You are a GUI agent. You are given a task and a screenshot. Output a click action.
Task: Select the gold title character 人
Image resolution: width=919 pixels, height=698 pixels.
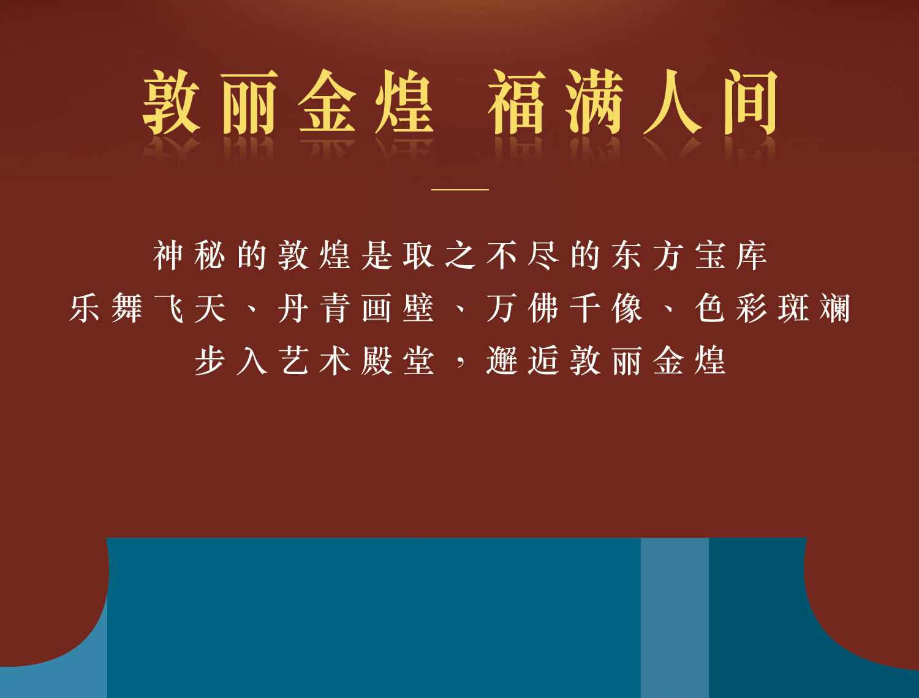671,102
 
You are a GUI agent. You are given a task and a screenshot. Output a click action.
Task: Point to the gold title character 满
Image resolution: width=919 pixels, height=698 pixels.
594,102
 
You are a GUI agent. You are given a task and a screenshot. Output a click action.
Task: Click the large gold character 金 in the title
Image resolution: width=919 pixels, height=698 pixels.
327,102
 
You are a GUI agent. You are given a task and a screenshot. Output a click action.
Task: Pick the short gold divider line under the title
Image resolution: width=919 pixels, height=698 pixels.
459,190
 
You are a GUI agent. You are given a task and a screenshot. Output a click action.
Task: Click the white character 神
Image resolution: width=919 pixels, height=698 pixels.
168,255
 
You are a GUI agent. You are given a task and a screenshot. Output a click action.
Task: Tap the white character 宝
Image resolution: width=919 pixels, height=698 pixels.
710,255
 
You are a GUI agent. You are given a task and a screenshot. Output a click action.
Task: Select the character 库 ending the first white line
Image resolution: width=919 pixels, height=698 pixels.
752,255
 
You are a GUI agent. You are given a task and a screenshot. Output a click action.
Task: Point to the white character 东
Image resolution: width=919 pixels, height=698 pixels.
627,255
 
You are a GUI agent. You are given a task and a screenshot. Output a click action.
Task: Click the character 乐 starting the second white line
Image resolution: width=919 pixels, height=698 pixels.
85,308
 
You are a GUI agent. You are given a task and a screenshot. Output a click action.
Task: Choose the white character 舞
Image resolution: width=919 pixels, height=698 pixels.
127,308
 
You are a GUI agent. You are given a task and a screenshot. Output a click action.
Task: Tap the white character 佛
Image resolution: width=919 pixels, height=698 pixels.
544,308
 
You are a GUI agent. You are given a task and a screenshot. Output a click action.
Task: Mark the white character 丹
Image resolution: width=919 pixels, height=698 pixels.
293,308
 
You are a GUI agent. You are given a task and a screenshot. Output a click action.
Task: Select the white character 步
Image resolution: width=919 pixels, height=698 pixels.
210,361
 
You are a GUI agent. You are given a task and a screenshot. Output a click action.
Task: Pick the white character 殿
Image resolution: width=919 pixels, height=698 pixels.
376,361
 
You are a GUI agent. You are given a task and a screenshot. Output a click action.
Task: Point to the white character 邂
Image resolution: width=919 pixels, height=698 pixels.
501,361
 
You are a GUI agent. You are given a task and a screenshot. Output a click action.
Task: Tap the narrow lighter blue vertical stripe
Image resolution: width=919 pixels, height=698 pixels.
675,617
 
